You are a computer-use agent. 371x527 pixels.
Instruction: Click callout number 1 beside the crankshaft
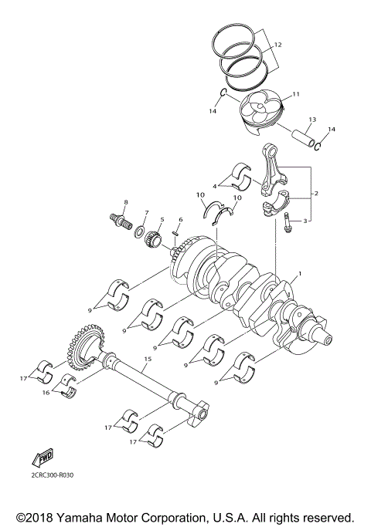pyautogui.click(x=301, y=274)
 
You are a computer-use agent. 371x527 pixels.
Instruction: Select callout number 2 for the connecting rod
pyautogui.click(x=315, y=193)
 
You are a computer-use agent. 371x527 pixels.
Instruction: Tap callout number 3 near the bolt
pyautogui.click(x=306, y=221)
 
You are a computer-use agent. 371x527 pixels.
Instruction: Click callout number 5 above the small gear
pyautogui.click(x=162, y=220)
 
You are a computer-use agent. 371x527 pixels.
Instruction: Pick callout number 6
pyautogui.click(x=180, y=220)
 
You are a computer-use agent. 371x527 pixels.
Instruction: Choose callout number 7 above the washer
pyautogui.click(x=144, y=211)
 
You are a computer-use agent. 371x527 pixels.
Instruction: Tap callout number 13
pyautogui.click(x=312, y=120)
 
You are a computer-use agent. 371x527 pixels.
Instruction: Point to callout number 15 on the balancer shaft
pyautogui.click(x=148, y=360)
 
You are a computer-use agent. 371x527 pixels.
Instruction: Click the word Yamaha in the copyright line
pyautogui.click(x=76, y=516)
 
